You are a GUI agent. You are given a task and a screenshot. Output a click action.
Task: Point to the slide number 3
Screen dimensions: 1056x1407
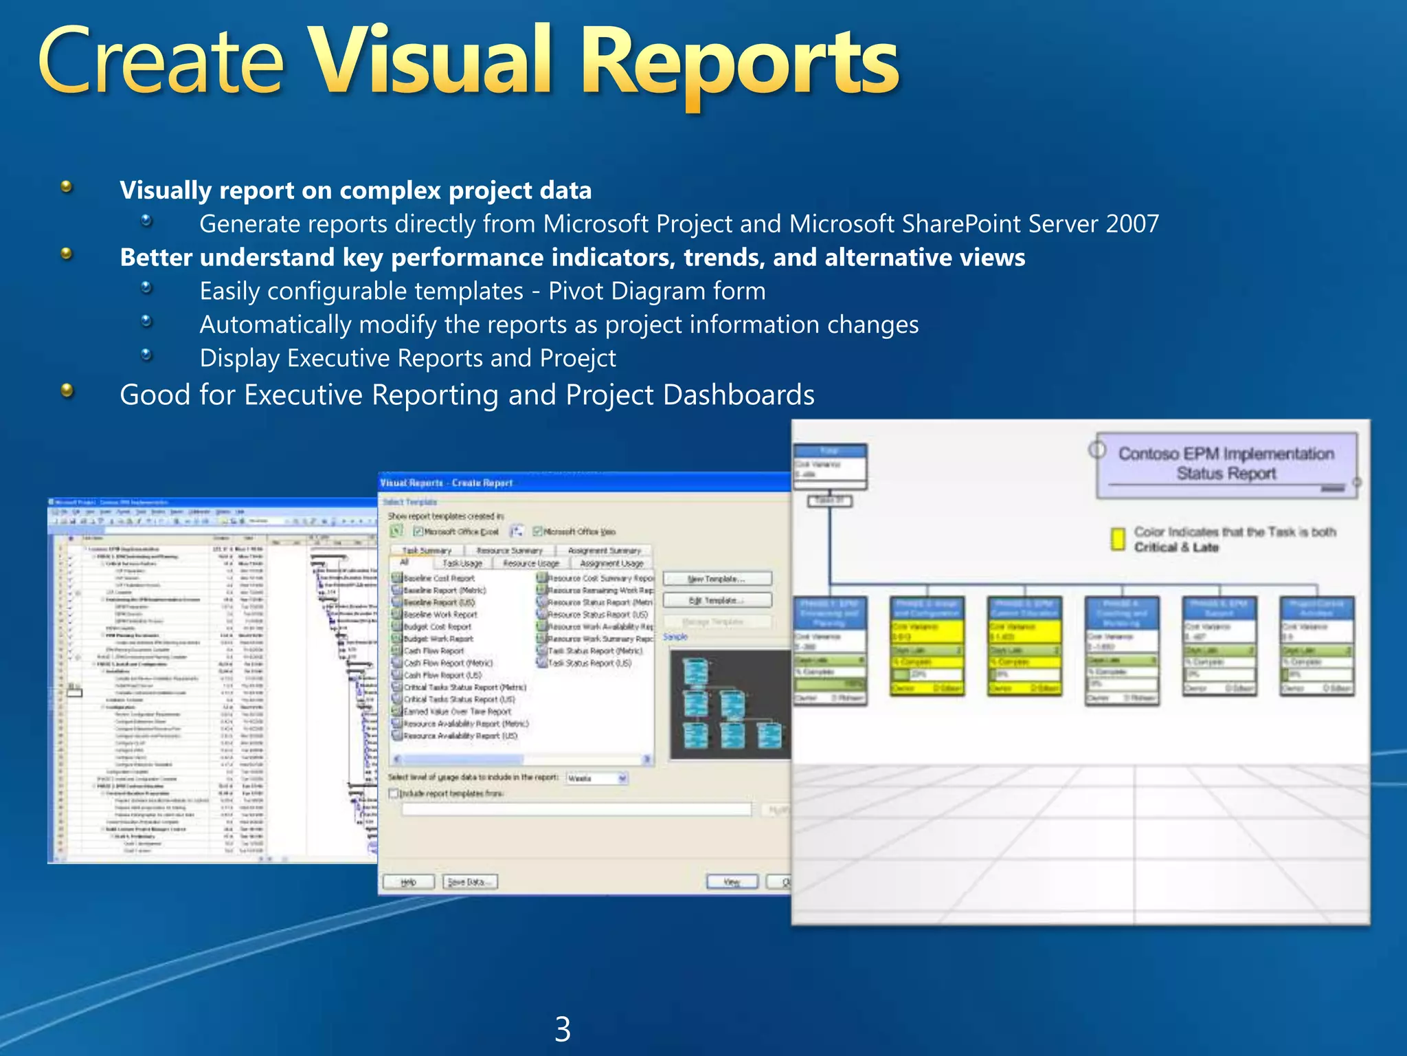[563, 1029]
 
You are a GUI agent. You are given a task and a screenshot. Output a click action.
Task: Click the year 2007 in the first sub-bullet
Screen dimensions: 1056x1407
[1132, 224]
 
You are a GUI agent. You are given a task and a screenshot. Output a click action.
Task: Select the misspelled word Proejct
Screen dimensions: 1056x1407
[578, 358]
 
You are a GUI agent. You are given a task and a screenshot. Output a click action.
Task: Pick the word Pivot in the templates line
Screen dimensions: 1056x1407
[576, 291]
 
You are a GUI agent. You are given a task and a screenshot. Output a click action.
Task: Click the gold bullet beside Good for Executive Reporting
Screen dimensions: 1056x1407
[67, 391]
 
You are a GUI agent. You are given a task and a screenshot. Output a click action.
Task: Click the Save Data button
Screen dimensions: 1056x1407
[470, 882]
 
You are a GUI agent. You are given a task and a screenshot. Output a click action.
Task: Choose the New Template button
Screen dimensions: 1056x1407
[717, 579]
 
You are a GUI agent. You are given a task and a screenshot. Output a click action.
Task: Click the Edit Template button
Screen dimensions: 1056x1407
[717, 601]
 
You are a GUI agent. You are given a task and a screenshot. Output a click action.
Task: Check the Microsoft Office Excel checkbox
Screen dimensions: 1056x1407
[418, 531]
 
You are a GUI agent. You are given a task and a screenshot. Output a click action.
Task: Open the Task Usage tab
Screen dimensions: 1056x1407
[462, 563]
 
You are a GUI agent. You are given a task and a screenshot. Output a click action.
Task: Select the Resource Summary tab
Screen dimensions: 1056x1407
[509, 551]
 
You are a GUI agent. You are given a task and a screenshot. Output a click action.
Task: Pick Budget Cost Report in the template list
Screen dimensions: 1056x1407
[438, 627]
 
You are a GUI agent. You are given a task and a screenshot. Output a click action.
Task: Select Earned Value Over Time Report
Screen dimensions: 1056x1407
[457, 712]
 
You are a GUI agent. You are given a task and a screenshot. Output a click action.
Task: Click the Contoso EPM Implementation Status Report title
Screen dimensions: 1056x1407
[1226, 463]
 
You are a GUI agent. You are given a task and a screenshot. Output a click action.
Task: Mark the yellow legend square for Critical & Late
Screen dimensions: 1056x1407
[1118, 538]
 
